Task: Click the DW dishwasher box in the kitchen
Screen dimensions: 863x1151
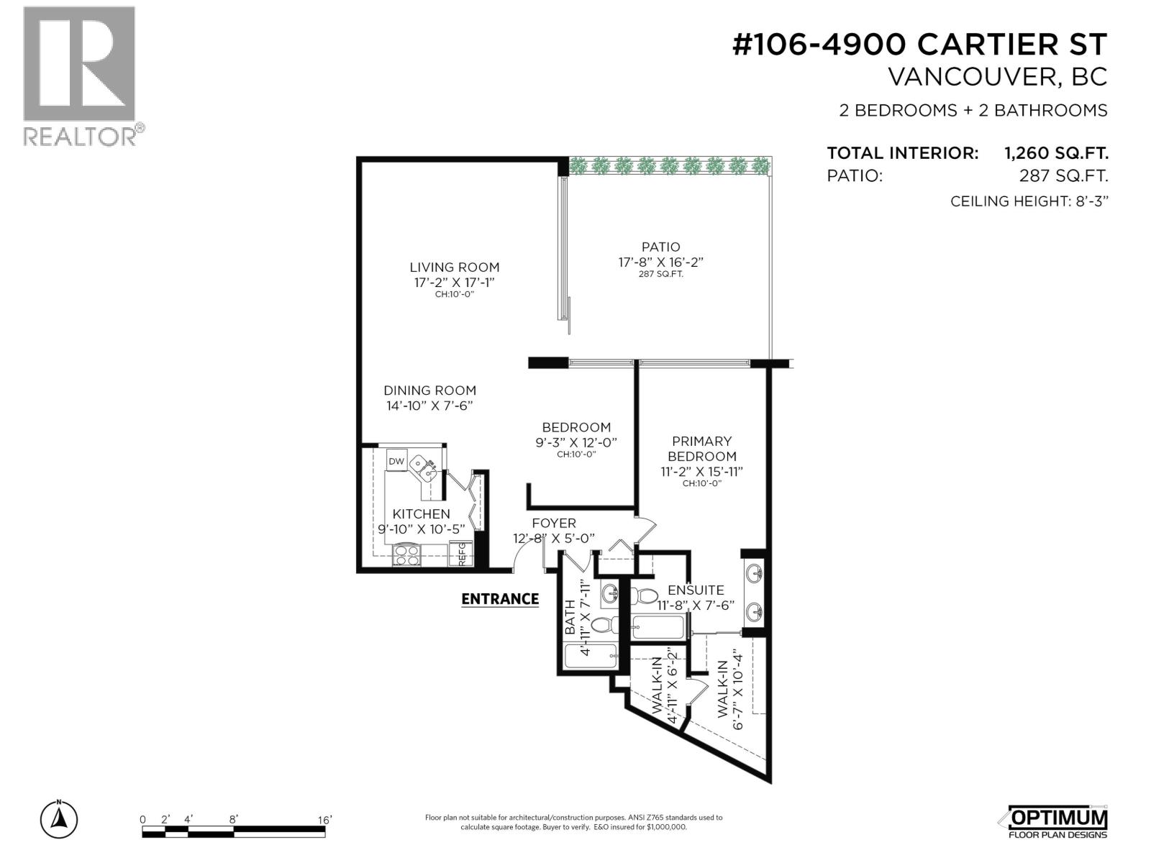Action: click(x=396, y=461)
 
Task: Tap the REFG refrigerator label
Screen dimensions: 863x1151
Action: click(x=461, y=554)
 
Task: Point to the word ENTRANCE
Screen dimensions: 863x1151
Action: click(x=499, y=599)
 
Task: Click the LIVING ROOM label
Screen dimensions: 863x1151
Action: click(x=454, y=267)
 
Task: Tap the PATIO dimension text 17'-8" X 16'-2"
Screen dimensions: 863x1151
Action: click(x=660, y=262)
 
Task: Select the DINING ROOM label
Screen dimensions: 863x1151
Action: click(x=429, y=391)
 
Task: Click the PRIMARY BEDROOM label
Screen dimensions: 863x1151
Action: click(x=701, y=449)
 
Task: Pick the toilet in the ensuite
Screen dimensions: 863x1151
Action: click(x=645, y=596)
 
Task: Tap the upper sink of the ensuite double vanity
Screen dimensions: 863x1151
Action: click(x=753, y=575)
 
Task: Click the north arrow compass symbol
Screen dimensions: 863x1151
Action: click(x=59, y=818)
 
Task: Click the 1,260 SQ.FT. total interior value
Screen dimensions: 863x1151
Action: click(x=1055, y=153)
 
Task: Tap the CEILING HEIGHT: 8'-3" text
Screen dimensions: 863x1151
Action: click(x=1029, y=201)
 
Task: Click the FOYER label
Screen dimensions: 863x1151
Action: click(x=553, y=524)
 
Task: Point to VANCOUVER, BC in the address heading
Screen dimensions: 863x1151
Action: click(x=997, y=77)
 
